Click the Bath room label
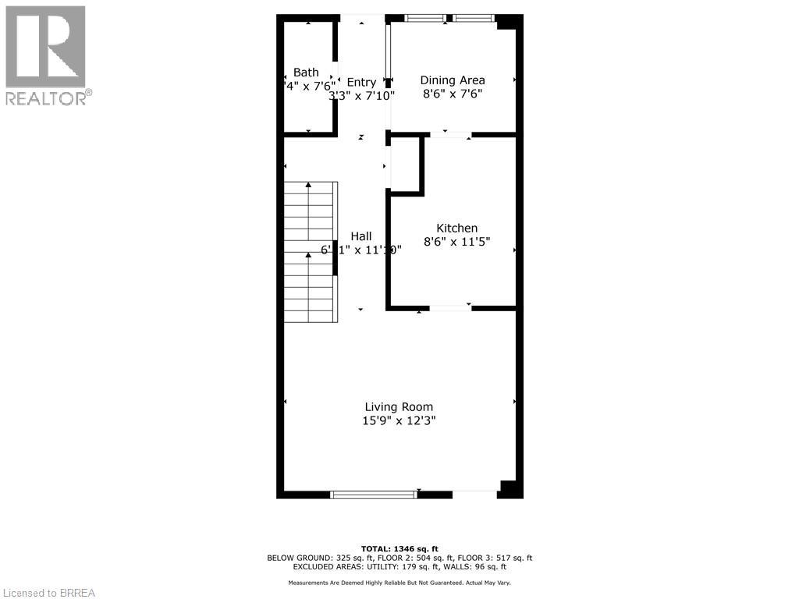coord(306,73)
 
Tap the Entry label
coord(361,82)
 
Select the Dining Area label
coord(453,80)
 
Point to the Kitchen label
coord(456,228)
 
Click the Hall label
coord(360,236)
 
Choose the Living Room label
coord(399,406)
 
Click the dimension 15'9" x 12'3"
coord(399,420)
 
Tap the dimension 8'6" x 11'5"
coord(456,242)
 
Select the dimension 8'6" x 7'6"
coord(453,94)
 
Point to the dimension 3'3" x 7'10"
coord(361,96)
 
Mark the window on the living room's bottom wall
coord(374,494)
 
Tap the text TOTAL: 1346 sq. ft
coord(399,548)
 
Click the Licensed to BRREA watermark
coord(48,593)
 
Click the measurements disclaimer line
coord(399,583)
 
